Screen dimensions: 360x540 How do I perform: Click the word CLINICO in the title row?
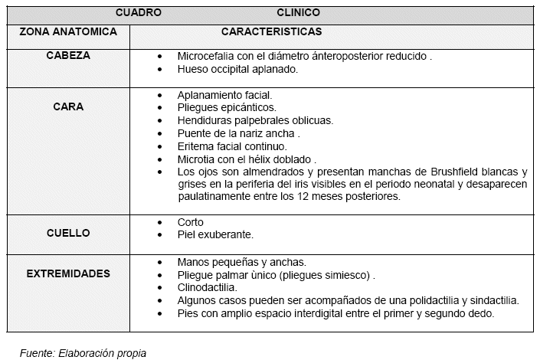pos(298,13)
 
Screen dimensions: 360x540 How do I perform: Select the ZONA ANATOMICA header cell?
pos(68,33)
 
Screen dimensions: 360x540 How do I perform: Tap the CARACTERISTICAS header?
pos(271,33)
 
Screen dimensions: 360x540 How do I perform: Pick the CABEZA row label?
pos(68,56)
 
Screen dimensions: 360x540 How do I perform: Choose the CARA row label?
pos(68,107)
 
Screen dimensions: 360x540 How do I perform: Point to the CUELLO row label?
pos(68,233)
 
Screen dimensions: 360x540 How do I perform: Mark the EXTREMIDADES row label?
pos(68,273)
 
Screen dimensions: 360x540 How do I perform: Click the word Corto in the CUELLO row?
pos(190,222)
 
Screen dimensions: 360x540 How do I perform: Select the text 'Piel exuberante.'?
pos(215,234)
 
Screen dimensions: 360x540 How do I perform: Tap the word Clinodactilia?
pos(207,287)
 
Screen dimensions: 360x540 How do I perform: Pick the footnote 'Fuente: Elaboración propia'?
pos(83,353)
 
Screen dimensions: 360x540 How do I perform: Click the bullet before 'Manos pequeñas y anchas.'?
pos(159,261)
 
